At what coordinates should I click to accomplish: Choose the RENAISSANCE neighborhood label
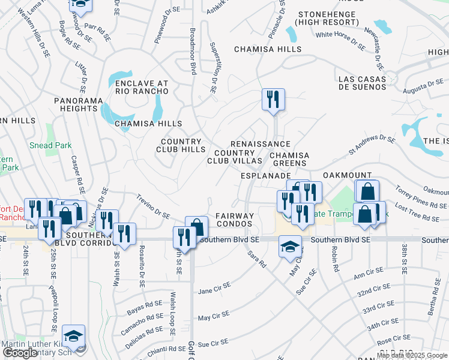click(260, 144)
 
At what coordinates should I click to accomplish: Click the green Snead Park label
click(50, 145)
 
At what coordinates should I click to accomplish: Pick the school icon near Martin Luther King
click(73, 336)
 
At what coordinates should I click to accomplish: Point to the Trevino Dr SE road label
click(153, 206)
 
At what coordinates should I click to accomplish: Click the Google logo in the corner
click(21, 353)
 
